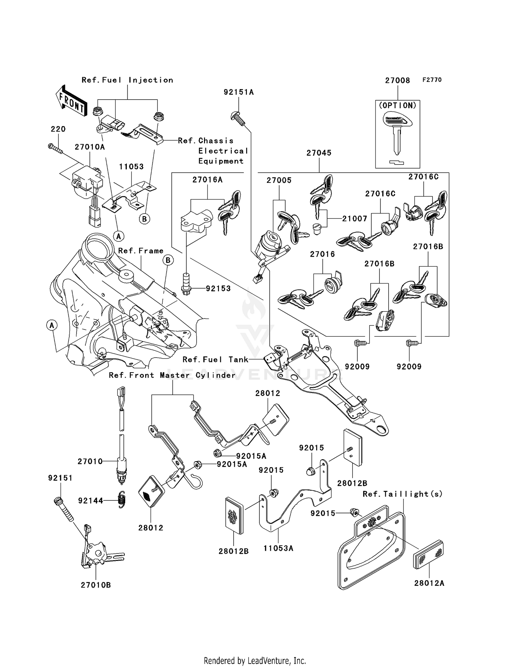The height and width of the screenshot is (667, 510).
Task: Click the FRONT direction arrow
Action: [x=71, y=101]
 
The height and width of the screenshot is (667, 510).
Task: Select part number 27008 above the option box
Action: [x=397, y=81]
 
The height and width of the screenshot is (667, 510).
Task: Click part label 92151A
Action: [x=239, y=92]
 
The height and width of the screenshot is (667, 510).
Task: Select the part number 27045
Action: [x=319, y=153]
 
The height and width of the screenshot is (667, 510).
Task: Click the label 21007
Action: [x=354, y=219]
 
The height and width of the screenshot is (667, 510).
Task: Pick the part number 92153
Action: [x=218, y=288]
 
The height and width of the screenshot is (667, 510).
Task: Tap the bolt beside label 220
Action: [x=55, y=149]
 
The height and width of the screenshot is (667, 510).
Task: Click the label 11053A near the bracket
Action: [x=278, y=548]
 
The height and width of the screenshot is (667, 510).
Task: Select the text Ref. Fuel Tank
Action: [x=215, y=359]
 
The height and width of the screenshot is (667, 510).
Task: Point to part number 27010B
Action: [x=96, y=585]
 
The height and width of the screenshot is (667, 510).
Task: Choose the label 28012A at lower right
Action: [x=429, y=583]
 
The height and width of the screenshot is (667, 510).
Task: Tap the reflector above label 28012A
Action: [x=428, y=554]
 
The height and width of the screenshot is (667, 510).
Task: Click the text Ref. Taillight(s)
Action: [x=403, y=494]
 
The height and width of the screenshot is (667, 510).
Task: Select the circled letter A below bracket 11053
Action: [x=118, y=236]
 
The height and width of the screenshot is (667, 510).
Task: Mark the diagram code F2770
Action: [x=432, y=80]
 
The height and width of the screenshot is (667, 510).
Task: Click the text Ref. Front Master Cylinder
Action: [x=172, y=375]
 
